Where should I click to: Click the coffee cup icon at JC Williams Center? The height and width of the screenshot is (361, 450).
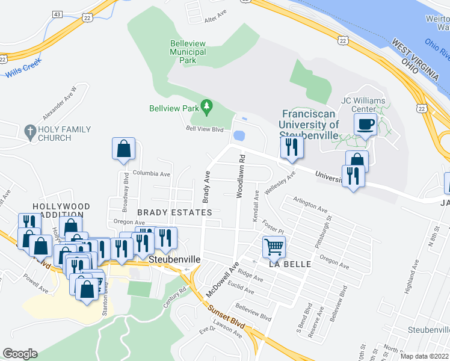point(366,125)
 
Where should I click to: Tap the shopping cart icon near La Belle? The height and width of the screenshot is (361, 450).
point(274,245)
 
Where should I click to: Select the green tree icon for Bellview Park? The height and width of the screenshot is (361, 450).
point(207,108)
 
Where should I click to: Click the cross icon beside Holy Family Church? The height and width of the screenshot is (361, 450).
point(29,130)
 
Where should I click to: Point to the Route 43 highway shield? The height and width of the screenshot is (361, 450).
point(57,13)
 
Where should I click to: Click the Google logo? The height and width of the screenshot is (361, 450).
point(20,354)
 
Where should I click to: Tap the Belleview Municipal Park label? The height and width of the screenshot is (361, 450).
point(188,52)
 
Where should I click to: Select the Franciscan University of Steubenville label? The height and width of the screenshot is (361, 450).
point(309,120)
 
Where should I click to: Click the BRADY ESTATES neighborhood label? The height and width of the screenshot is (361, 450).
point(174,212)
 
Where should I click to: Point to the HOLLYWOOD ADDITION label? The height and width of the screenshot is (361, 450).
point(61,211)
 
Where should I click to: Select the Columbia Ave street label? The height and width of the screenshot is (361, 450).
point(152,173)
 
